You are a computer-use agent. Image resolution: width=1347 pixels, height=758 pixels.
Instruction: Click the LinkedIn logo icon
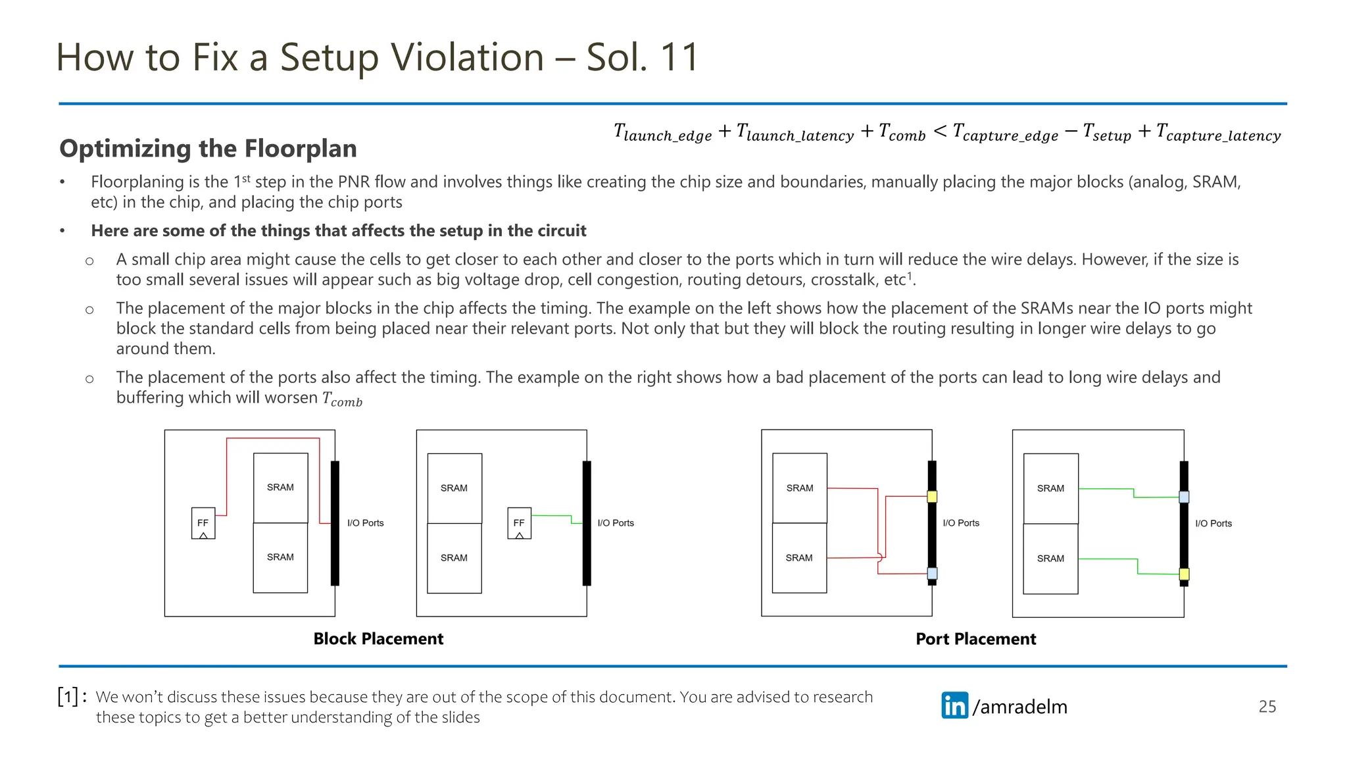[x=954, y=705]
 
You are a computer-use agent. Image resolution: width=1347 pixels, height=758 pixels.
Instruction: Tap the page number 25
[x=1267, y=707]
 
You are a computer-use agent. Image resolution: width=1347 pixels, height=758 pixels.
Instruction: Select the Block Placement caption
[x=378, y=639]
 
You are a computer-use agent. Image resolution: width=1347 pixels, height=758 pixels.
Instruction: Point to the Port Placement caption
[x=975, y=639]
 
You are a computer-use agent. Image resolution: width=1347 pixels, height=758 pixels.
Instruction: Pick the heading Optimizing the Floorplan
[x=208, y=149]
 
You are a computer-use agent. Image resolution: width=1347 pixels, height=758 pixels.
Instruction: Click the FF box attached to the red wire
[x=203, y=523]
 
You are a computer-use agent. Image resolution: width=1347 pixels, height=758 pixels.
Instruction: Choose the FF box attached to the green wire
[x=519, y=523]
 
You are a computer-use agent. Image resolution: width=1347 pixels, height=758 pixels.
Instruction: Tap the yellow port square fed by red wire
[x=932, y=497]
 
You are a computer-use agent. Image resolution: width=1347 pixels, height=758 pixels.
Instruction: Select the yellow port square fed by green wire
[x=1184, y=574]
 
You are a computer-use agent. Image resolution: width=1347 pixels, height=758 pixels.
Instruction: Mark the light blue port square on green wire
[x=1184, y=497]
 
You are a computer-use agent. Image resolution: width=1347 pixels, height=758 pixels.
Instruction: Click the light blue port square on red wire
[x=932, y=574]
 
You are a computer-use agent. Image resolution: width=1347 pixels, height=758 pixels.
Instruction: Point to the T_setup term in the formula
[x=1107, y=134]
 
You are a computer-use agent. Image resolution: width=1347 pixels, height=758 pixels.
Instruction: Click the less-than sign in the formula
[x=940, y=132]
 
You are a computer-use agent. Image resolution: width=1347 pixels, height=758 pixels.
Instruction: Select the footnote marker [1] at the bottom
[x=68, y=697]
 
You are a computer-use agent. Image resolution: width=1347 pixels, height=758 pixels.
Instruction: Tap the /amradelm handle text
[x=1020, y=707]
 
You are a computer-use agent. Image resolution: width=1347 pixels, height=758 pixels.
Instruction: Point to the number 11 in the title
[x=679, y=57]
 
